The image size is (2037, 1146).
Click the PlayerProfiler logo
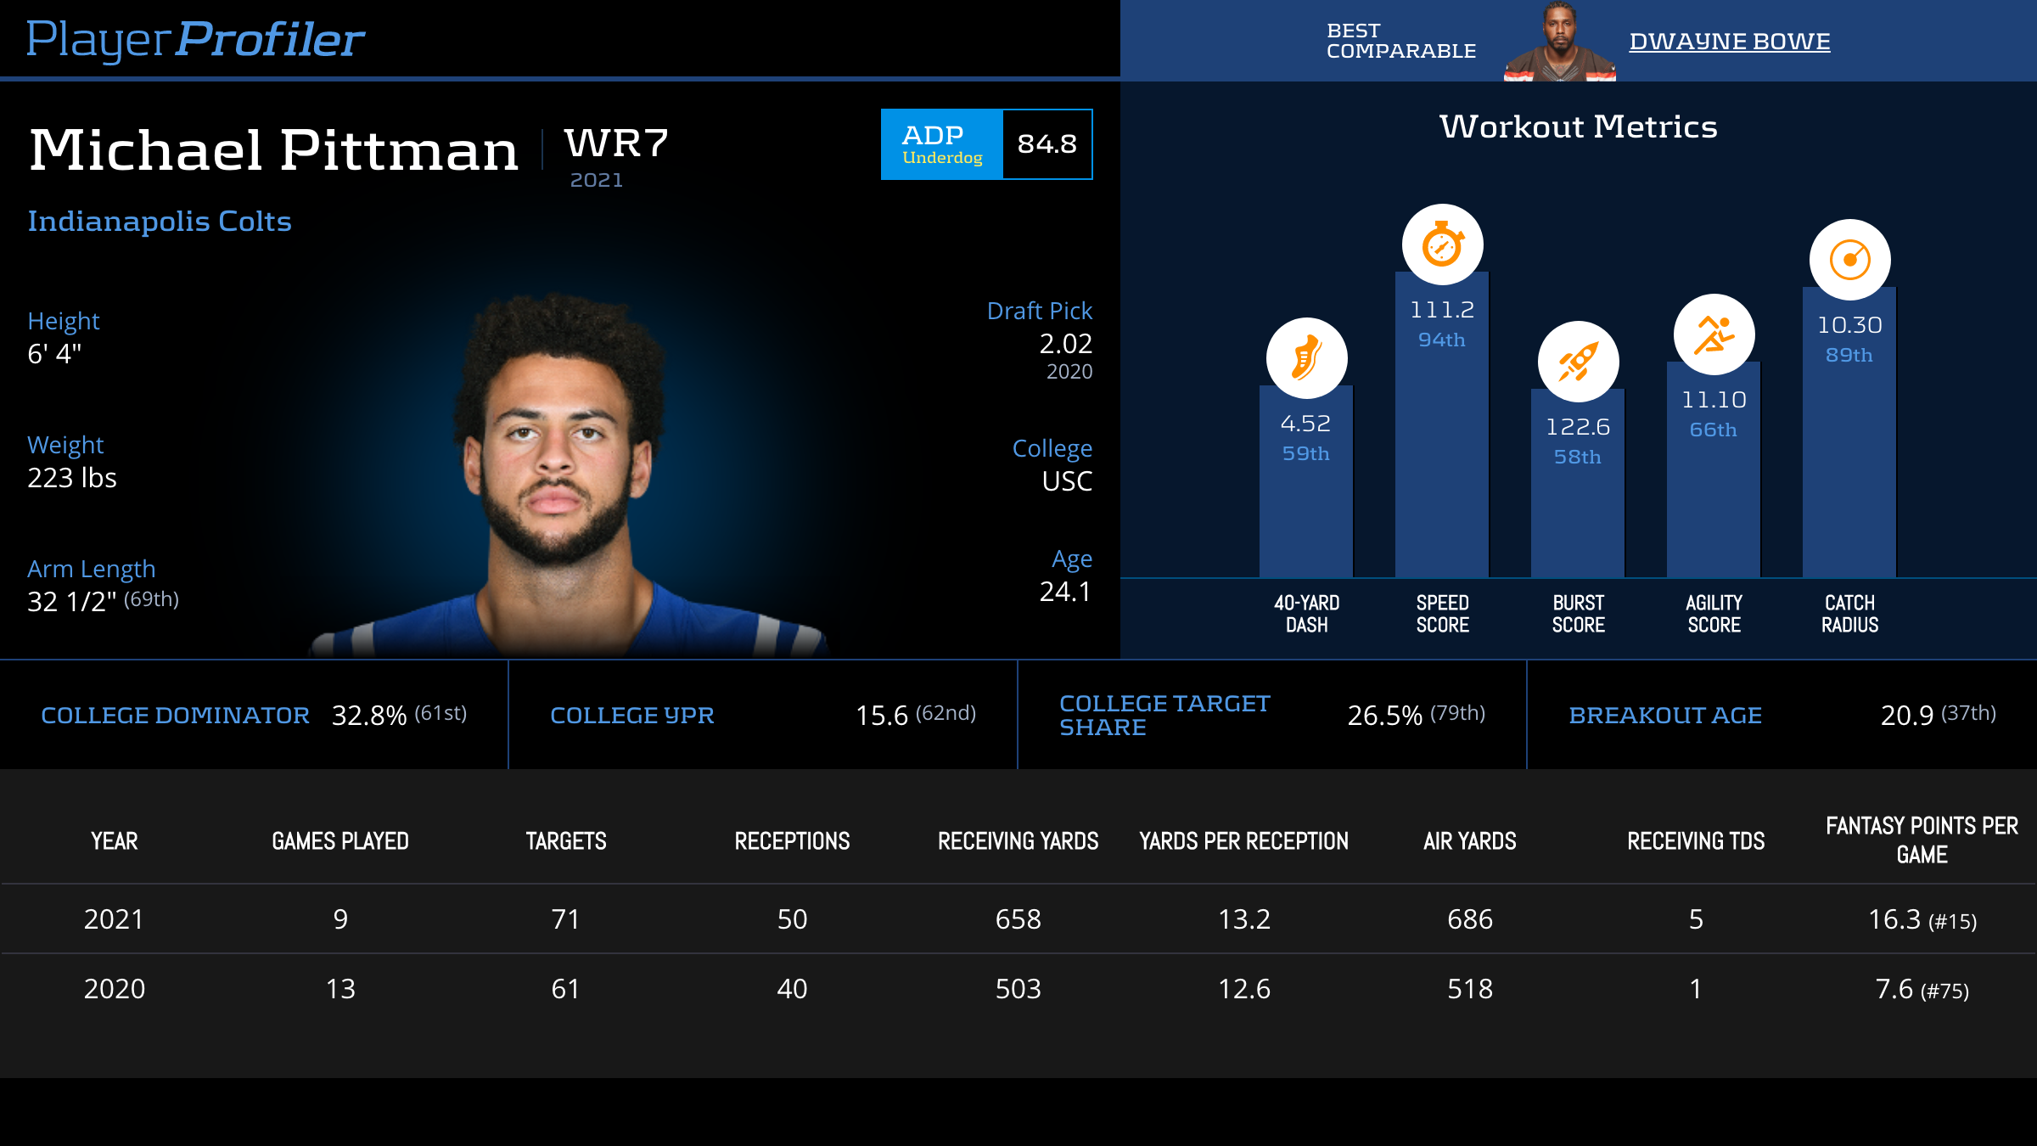195,40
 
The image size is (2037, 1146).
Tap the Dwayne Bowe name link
1729,42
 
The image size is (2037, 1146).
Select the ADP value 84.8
1047,144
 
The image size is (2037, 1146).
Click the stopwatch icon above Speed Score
1442,245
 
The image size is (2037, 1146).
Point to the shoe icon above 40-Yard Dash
1306,358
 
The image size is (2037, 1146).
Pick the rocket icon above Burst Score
1578,362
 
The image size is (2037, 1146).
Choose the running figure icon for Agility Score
1714,335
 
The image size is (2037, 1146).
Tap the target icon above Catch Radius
1849,260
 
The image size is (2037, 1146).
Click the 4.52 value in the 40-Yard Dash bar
1305,424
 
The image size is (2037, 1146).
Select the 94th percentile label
1441,340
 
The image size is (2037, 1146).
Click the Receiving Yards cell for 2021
1018,919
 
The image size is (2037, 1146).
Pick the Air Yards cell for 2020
1469,989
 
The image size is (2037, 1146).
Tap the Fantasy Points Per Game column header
1922,840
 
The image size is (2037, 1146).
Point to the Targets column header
566,841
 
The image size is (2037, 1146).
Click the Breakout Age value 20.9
1906,716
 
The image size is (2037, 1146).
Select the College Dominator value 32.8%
369,716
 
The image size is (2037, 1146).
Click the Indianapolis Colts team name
160,222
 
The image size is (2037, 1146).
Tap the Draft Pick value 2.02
1065,344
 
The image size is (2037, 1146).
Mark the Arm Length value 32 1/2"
72,602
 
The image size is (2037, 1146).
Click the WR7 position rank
617,143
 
